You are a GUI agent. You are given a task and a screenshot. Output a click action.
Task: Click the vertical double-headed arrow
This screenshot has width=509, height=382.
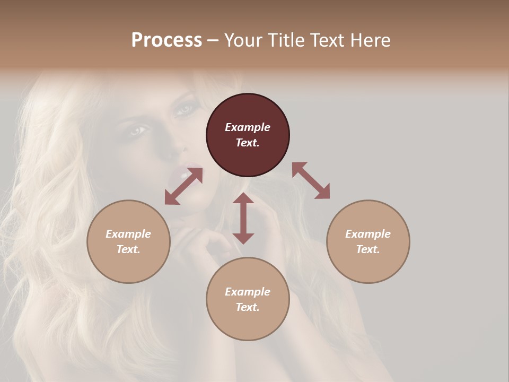click(243, 218)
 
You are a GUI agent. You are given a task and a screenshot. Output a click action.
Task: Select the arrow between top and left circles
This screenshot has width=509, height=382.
click(183, 186)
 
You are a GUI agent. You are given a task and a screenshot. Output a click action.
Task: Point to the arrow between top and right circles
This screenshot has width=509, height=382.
click(311, 180)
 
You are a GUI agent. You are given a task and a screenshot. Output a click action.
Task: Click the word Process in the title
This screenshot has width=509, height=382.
click(166, 40)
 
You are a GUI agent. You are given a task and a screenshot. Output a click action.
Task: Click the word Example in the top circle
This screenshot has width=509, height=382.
click(248, 127)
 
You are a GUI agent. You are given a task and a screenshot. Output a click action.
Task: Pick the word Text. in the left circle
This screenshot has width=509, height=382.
click(128, 249)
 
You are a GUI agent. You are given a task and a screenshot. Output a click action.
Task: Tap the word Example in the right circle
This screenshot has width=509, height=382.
click(368, 234)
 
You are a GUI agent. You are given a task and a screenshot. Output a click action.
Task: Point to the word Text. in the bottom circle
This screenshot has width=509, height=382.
click(248, 307)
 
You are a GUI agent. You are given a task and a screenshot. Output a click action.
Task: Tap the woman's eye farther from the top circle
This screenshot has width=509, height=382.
click(137, 129)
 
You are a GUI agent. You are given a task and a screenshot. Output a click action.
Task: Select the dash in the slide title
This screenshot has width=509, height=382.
click(213, 40)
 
